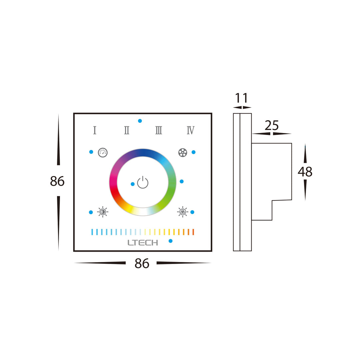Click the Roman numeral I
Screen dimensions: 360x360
click(x=95, y=130)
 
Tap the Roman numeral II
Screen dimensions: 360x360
click(x=127, y=130)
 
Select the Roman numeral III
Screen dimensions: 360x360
click(x=159, y=130)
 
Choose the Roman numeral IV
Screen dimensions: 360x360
click(x=190, y=130)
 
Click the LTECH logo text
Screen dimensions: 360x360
click(x=143, y=243)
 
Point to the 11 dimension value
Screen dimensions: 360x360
click(x=242, y=98)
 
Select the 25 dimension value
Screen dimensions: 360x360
click(x=272, y=126)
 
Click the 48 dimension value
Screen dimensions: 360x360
click(x=305, y=172)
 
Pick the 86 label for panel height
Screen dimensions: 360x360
click(x=57, y=181)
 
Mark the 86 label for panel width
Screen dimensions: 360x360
click(x=142, y=264)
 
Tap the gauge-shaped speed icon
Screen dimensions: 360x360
click(x=103, y=153)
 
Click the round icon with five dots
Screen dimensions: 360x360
click(x=183, y=153)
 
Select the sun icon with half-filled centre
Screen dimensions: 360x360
click(x=103, y=212)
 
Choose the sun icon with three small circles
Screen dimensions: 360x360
click(x=182, y=212)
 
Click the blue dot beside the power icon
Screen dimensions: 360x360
click(x=133, y=184)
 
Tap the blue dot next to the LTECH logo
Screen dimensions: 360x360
click(x=171, y=241)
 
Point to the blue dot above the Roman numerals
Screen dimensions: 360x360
click(x=140, y=121)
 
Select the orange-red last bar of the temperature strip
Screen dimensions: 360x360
click(x=193, y=232)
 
